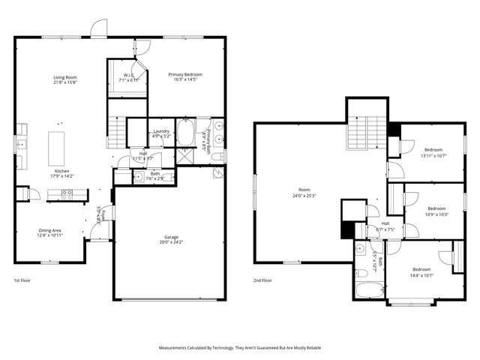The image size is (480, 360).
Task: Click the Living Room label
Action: coord(65,77)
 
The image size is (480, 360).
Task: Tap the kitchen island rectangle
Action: coord(56,148)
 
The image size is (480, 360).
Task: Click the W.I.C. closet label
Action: coord(129,75)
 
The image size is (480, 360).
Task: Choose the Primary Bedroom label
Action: coord(184,74)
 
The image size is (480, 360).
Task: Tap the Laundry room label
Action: coord(160,131)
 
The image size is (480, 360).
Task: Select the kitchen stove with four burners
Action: coord(67,193)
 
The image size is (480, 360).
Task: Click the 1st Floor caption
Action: coord(22,280)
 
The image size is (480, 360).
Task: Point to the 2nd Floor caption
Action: coord(262,280)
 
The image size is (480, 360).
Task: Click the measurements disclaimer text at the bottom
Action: coord(240,348)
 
